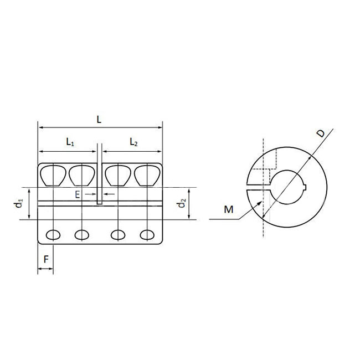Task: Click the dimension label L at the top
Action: coord(99,120)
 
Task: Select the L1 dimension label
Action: coord(70,142)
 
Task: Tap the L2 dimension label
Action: coord(133,142)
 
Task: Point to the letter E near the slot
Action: coord(78,194)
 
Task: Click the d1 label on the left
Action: coord(18,204)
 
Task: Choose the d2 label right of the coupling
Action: coord(181,204)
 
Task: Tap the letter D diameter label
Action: coord(320,135)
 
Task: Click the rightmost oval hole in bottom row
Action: coord(147,235)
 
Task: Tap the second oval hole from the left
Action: coord(81,235)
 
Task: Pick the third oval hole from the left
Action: coord(117,235)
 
